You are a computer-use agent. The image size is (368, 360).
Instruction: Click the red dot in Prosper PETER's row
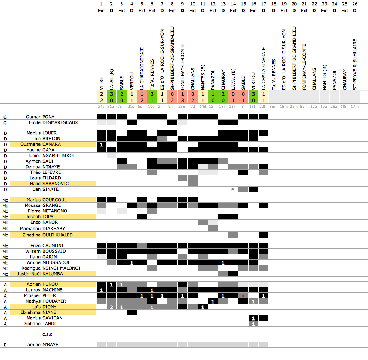pyautogui.click(x=243, y=296)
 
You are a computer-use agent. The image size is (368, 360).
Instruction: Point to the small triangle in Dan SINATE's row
pyautogui.click(x=233, y=189)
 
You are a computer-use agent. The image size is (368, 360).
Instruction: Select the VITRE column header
pyautogui.click(x=101, y=82)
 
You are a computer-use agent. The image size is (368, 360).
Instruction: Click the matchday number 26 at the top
pyautogui.click(x=355, y=3)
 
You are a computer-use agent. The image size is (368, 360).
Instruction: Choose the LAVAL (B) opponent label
pyautogui.click(x=233, y=79)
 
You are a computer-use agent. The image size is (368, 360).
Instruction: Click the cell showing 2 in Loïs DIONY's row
pyautogui.click(x=112, y=307)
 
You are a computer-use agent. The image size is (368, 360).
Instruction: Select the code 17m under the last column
pyautogui.click(x=355, y=107)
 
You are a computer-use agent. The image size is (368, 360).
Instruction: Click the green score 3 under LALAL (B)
pyautogui.click(x=112, y=94)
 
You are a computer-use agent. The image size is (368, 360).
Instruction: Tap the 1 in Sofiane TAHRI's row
pyautogui.click(x=253, y=324)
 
